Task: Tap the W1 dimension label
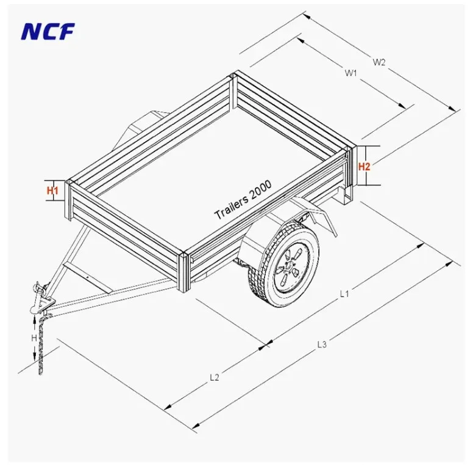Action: (350, 73)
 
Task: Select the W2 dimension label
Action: (380, 62)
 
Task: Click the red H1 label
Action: (53, 190)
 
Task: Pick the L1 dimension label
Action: (344, 294)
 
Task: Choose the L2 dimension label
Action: (215, 377)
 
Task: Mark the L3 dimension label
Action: (322, 344)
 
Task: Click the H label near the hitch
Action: (34, 337)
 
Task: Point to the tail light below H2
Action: (346, 195)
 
